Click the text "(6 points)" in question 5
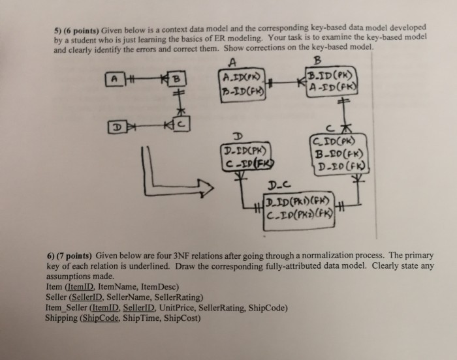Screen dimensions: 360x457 (82, 29)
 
